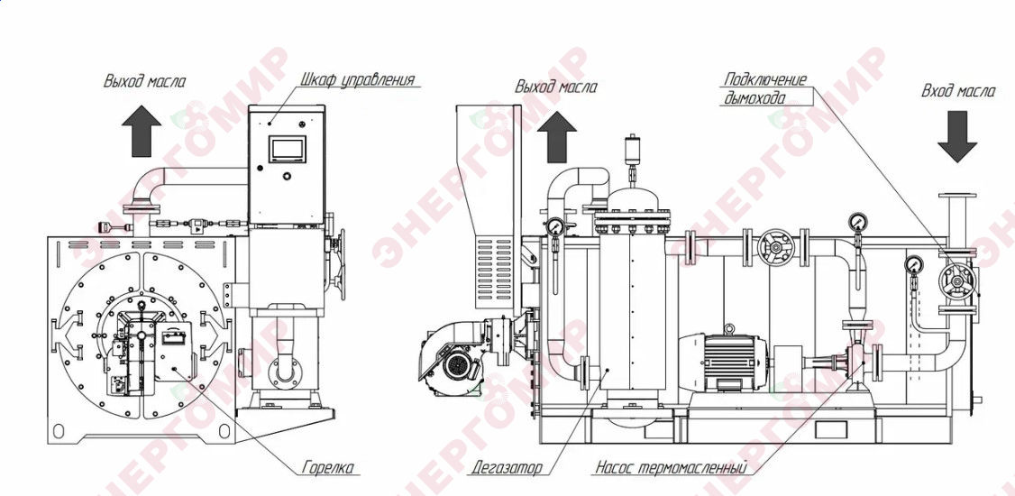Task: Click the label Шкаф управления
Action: (x=357, y=79)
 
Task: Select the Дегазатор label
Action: (x=507, y=467)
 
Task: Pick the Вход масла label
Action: (x=959, y=91)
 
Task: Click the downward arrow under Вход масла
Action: (x=957, y=137)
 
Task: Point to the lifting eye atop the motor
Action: (x=729, y=329)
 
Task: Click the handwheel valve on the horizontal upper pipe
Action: (x=775, y=247)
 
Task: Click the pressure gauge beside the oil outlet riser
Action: (x=554, y=226)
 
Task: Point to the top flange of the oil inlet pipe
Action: (x=956, y=196)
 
